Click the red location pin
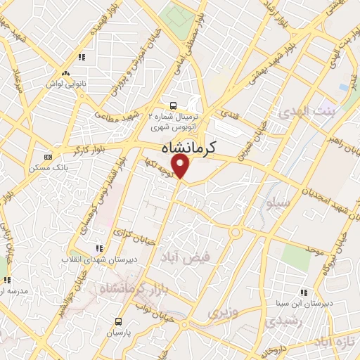181,166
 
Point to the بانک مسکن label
48,167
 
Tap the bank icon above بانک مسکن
48,157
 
